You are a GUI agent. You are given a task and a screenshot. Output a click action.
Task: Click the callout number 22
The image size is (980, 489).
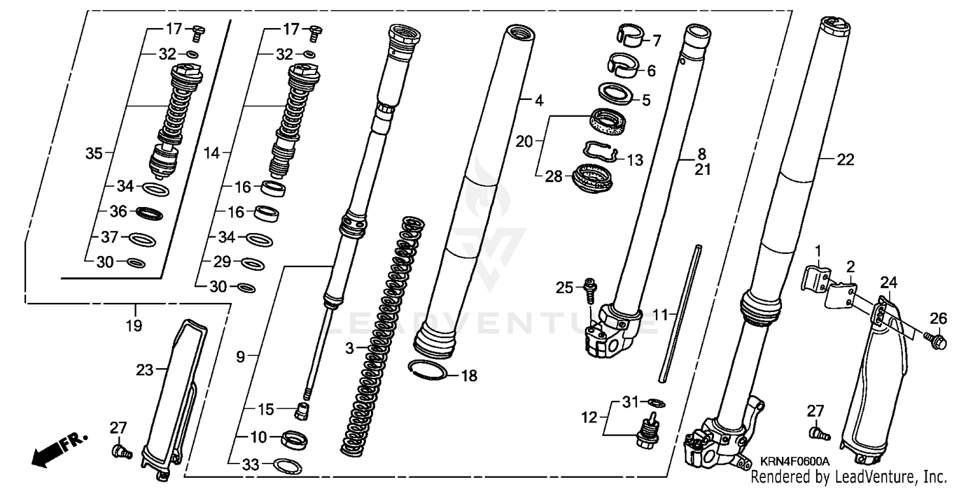845,160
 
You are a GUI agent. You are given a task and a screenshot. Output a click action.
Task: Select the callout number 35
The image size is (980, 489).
94,154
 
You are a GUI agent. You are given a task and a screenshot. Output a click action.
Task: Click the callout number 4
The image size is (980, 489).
538,101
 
